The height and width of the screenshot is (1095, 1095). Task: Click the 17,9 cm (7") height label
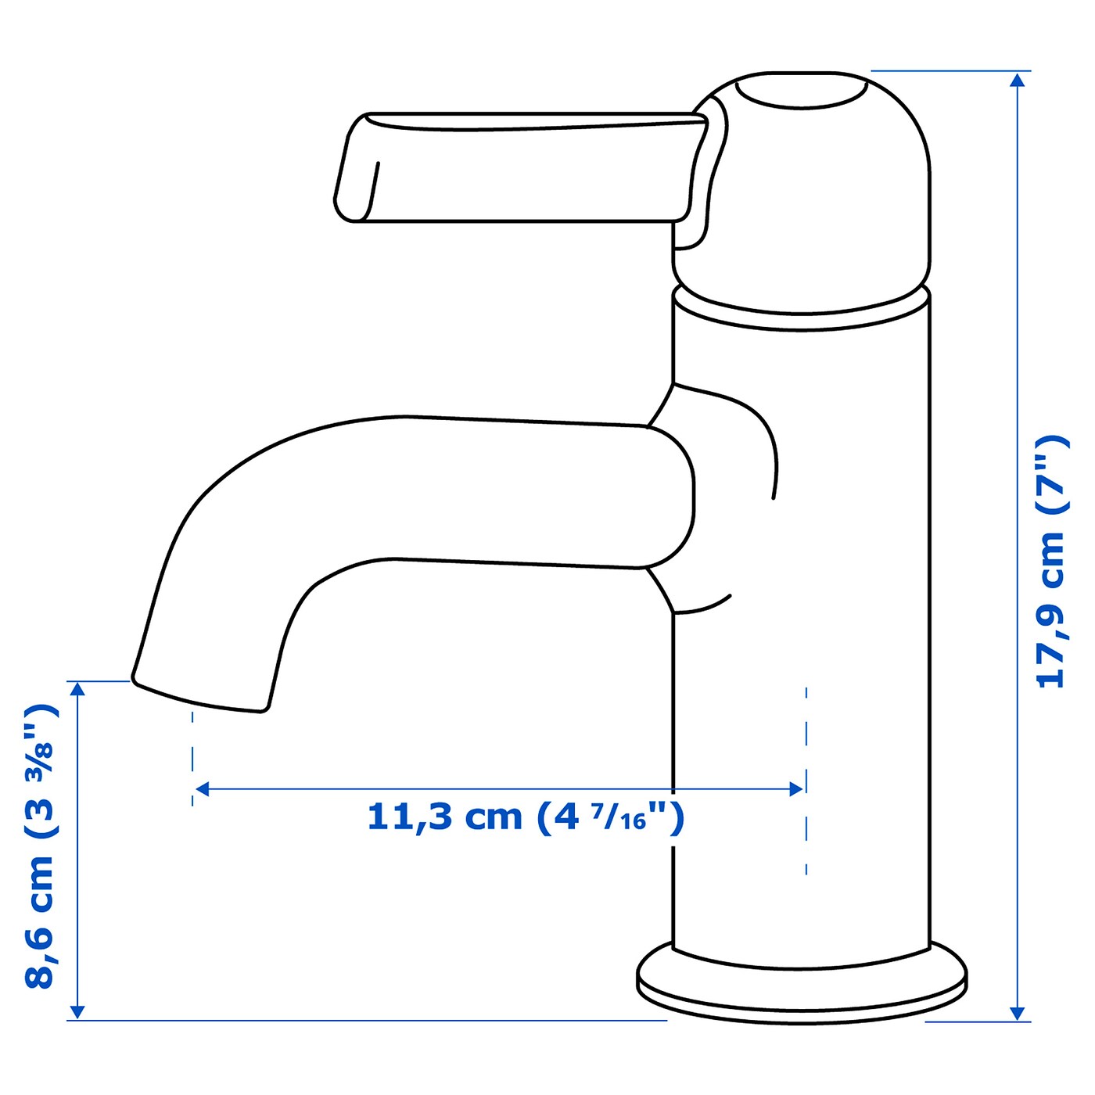point(1051,561)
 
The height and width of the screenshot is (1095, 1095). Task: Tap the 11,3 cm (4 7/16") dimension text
point(525,817)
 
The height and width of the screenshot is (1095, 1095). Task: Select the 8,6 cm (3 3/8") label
point(41,846)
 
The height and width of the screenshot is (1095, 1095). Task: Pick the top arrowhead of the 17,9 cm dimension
point(1017,81)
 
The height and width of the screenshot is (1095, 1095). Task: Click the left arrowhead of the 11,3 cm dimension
point(203,789)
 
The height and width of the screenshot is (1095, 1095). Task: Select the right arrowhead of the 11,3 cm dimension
point(796,789)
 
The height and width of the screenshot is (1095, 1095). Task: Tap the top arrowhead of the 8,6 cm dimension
point(77,689)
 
